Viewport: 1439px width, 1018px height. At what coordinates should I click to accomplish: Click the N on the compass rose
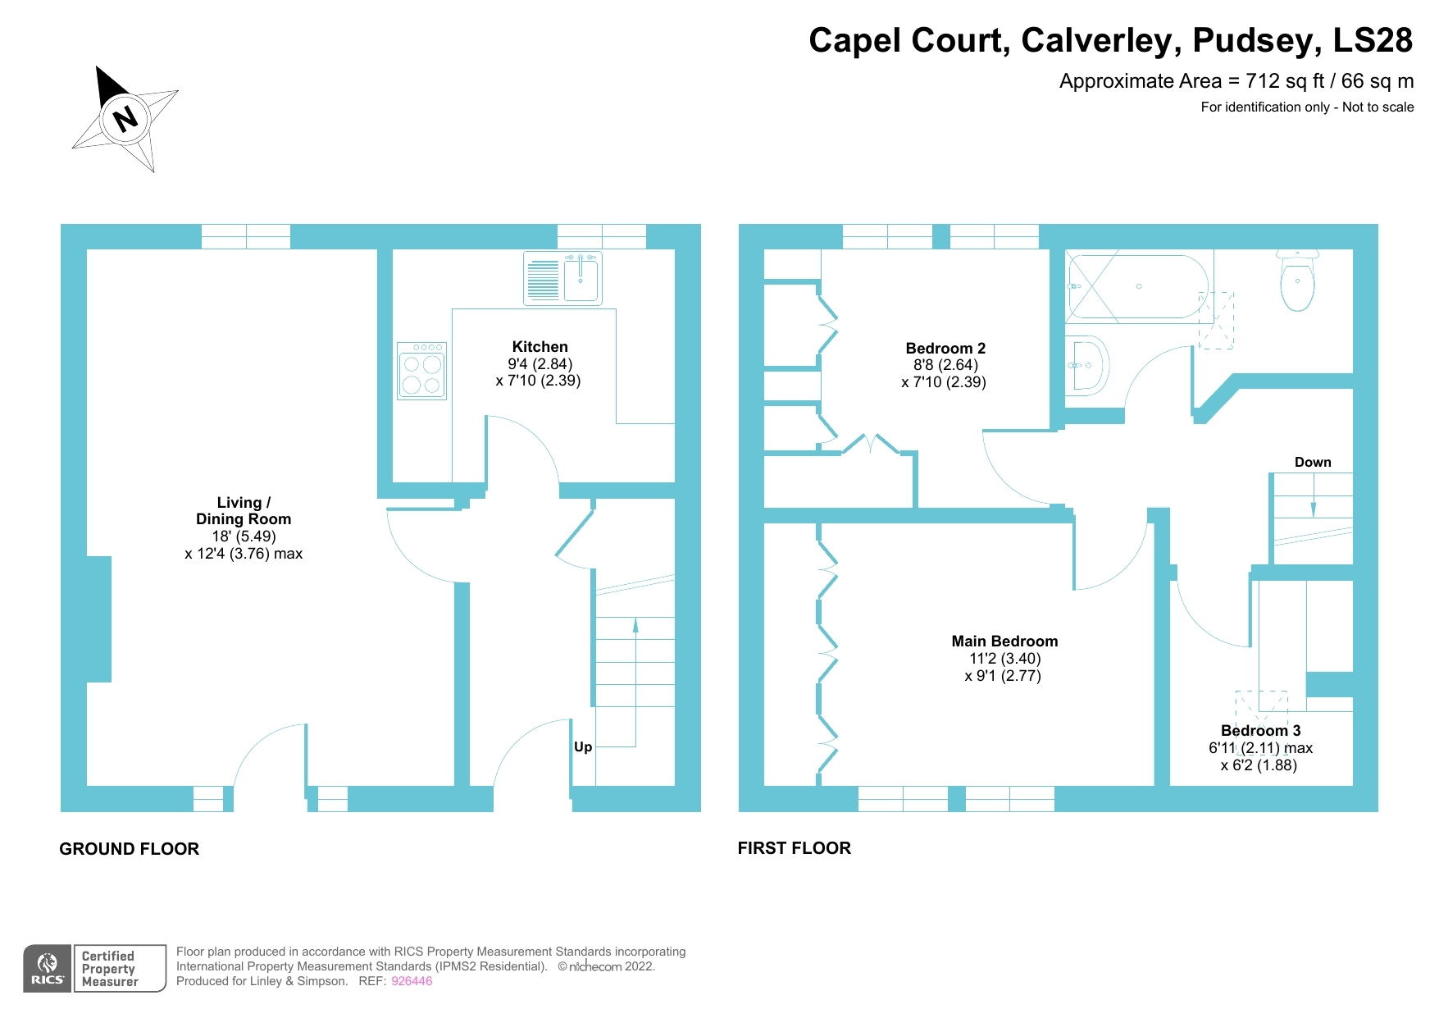125,118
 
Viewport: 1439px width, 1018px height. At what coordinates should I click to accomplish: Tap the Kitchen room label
540,347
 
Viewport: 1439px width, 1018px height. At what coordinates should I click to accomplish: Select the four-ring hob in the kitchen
421,372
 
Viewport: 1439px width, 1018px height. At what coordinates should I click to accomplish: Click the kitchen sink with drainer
562,278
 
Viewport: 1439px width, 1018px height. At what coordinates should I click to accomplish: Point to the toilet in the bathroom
1297,281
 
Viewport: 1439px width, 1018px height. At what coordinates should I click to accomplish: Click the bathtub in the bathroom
1137,286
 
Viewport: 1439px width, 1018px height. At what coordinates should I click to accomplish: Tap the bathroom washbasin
1087,365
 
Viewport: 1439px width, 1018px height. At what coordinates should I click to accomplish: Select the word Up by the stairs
583,746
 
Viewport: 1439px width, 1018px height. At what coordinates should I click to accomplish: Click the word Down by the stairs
1313,462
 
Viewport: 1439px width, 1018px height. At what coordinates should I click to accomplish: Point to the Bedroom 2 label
945,348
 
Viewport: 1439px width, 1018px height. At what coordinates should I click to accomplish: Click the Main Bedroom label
1004,641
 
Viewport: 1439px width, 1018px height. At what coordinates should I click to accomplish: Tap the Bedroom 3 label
1260,730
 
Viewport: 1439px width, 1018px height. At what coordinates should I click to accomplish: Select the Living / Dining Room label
244,510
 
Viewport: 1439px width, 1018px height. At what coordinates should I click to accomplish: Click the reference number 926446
412,981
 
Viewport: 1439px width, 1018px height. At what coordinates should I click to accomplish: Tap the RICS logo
48,969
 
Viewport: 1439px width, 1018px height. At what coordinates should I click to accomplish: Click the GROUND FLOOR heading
129,849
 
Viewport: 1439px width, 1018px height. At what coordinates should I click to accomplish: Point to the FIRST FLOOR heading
794,848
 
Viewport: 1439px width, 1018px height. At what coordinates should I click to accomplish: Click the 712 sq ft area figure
1285,81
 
